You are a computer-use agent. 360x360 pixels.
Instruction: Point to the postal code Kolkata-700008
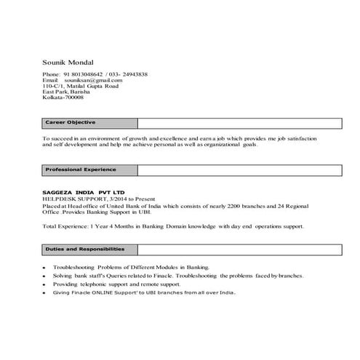[x=63, y=97]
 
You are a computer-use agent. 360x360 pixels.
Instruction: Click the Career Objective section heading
[x=71, y=122]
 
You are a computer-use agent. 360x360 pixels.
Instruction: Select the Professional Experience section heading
[x=81, y=169]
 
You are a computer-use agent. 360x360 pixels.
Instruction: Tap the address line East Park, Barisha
[x=70, y=92]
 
